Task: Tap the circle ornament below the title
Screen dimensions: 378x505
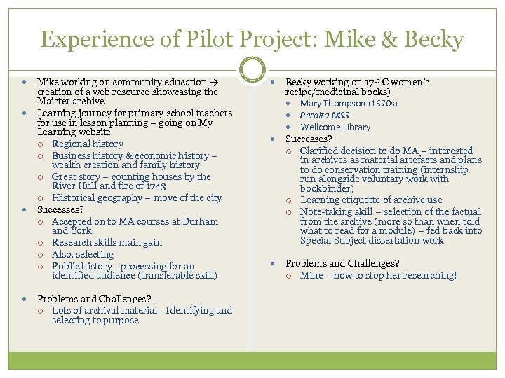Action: tap(252, 69)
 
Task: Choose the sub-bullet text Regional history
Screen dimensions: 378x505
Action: tap(87, 144)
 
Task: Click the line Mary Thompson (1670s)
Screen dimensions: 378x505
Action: tap(349, 103)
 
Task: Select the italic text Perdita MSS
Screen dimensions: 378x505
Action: tap(324, 115)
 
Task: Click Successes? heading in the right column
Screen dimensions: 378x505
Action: tap(309, 139)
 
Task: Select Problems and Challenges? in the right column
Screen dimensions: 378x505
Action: tap(342, 263)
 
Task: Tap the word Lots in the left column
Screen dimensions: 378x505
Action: tap(62, 310)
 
